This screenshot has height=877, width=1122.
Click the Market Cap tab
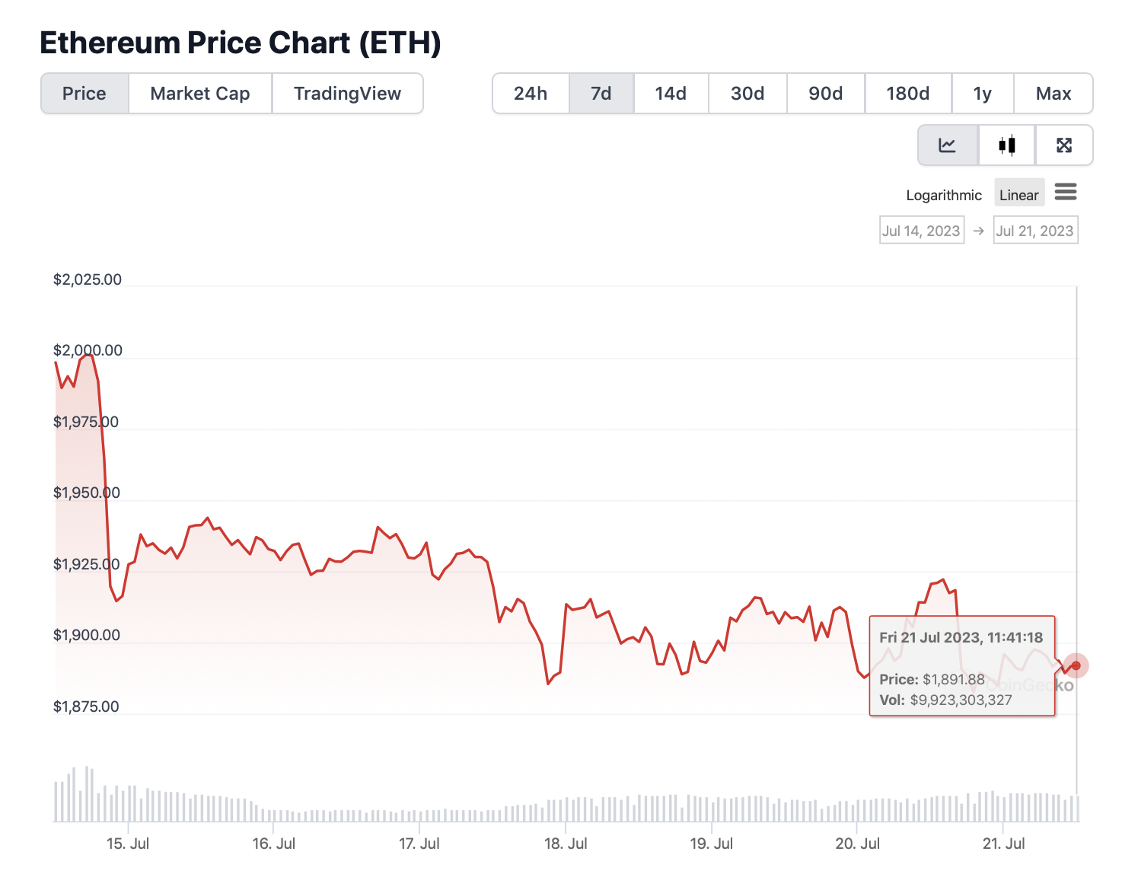click(200, 94)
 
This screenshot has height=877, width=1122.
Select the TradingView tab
click(347, 94)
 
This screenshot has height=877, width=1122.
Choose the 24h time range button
click(531, 94)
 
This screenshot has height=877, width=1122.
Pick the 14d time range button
click(671, 94)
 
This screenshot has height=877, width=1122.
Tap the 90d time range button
click(825, 94)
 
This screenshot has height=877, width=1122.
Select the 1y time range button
click(982, 94)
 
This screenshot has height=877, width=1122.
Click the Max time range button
click(1053, 94)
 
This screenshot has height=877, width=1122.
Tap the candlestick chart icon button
click(1006, 145)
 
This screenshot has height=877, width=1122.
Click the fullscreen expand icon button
click(1064, 145)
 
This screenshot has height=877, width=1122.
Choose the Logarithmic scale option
click(944, 195)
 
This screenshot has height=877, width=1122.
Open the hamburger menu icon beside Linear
click(1066, 192)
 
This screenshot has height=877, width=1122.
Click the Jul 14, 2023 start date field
click(921, 231)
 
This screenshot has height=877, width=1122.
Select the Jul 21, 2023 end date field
click(1035, 231)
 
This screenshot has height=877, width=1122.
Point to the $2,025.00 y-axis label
click(88, 279)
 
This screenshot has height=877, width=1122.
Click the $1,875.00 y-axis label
click(86, 706)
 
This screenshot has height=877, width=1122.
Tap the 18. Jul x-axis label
click(566, 844)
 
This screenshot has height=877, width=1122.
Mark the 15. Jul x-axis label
click(128, 844)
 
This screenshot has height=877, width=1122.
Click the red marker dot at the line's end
click(1076, 665)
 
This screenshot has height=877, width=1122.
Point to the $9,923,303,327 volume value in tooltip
click(961, 700)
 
